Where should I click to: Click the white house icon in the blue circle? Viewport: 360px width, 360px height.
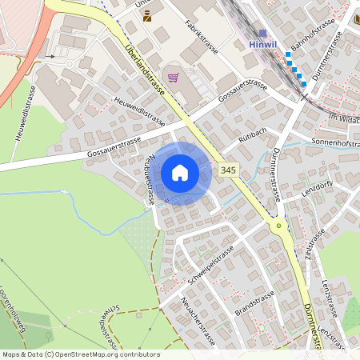tap(180, 173)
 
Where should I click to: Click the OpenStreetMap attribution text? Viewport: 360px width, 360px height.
tap(80, 354)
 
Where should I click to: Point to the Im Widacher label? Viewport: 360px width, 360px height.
tap(345, 118)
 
